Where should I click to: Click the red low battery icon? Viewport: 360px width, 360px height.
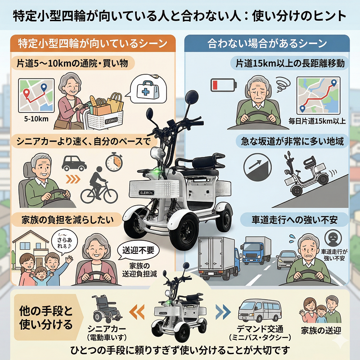click(x=223, y=85)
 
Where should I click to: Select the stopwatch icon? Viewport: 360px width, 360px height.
click(x=114, y=162)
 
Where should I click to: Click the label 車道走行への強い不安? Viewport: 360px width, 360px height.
click(x=294, y=220)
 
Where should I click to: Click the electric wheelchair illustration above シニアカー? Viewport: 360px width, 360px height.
click(x=106, y=309)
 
